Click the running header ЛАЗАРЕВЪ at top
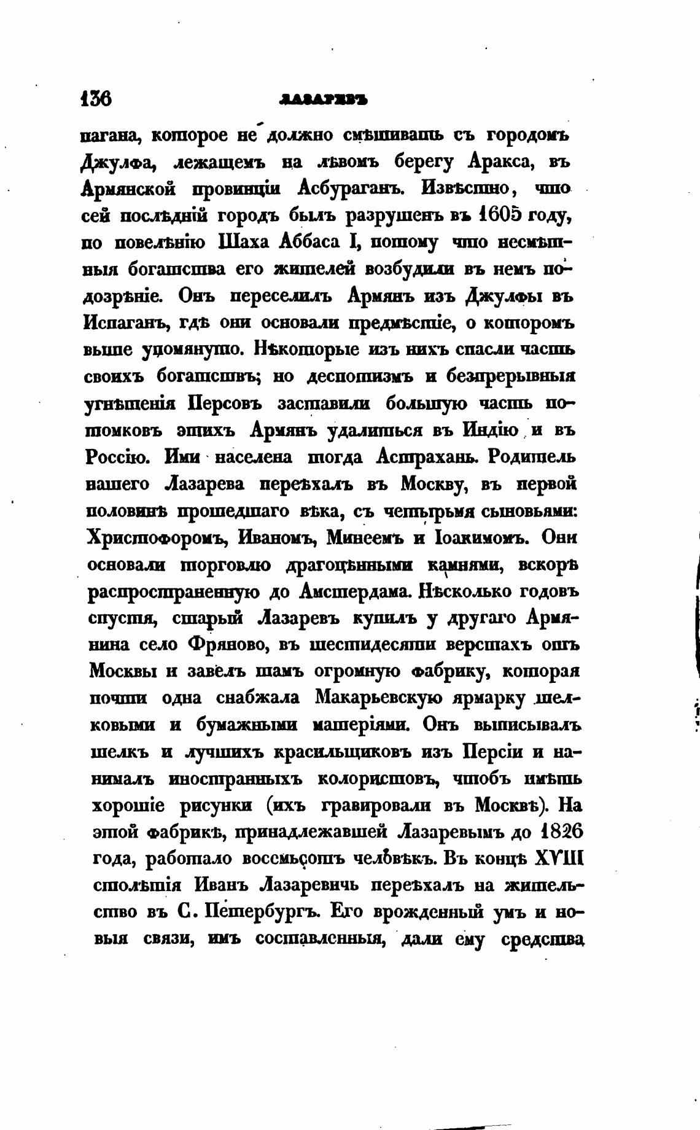[322, 99]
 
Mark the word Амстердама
[355, 591]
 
